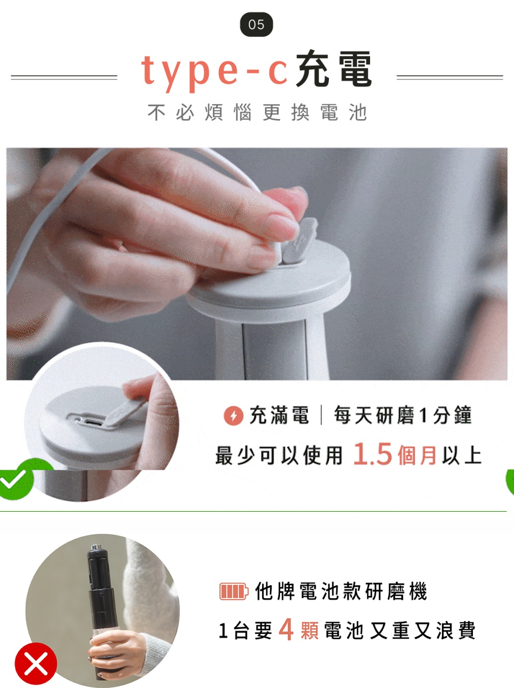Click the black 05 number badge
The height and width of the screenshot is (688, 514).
(x=256, y=25)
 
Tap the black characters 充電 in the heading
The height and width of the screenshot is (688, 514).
(x=334, y=69)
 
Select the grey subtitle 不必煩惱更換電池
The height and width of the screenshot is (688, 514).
(x=257, y=113)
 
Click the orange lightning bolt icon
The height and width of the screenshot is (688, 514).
(x=233, y=416)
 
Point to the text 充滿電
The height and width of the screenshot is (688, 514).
(x=279, y=415)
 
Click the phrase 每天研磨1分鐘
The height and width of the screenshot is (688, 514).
(x=403, y=415)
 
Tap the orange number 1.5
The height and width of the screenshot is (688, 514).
(x=373, y=454)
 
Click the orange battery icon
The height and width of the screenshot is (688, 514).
(x=234, y=591)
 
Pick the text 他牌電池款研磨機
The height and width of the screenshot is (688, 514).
(x=341, y=591)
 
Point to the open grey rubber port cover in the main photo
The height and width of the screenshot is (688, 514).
(x=299, y=240)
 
